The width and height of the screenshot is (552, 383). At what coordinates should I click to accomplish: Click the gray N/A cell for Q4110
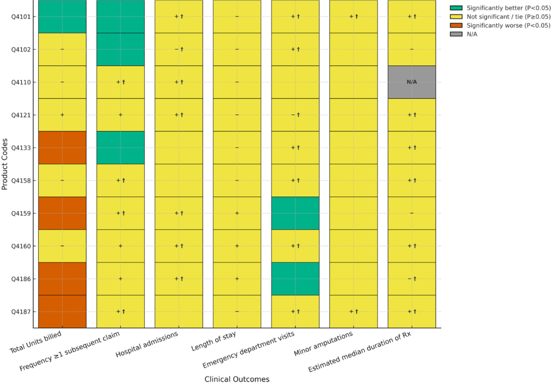[412, 82]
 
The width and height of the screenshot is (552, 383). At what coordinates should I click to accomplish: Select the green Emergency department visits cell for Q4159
[295, 213]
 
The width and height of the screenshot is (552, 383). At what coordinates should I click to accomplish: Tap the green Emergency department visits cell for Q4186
[295, 279]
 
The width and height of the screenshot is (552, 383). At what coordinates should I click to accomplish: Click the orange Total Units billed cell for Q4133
[62, 148]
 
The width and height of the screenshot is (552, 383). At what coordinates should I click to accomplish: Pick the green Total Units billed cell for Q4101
[62, 17]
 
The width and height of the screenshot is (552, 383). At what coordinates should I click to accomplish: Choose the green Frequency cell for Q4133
[120, 148]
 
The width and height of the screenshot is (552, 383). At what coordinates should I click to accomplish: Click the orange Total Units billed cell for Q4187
[62, 311]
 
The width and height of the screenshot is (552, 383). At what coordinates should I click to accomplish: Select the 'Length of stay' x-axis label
[214, 342]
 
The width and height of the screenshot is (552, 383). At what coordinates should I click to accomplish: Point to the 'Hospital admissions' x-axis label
[147, 344]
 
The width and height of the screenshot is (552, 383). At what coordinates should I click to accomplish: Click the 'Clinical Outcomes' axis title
[237, 379]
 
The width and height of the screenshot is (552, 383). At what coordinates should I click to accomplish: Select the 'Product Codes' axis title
[5, 164]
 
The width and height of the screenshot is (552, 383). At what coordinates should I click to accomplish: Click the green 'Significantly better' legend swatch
[456, 8]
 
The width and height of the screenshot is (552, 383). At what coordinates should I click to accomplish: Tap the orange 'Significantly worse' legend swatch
[456, 26]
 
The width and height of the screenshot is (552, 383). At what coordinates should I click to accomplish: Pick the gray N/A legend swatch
[456, 34]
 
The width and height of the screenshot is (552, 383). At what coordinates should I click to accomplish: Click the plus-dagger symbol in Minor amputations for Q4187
[354, 311]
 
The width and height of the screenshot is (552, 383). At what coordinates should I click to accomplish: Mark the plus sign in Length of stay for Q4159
[237, 213]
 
